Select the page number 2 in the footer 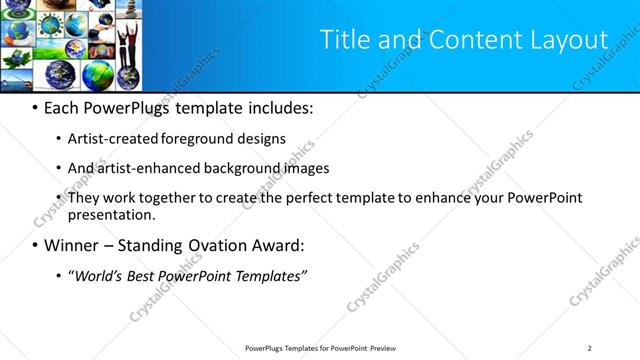[x=590, y=348]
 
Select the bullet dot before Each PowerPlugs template [x=35, y=107]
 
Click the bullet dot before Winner [x=35, y=245]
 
